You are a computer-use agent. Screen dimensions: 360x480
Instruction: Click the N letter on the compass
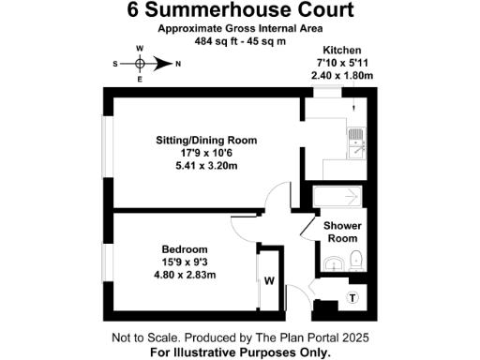tap(176, 64)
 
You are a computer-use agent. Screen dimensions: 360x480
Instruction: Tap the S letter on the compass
tap(115, 64)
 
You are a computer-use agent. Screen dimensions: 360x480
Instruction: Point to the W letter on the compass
tap(139, 48)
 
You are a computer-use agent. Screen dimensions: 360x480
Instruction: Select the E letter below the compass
tap(139, 81)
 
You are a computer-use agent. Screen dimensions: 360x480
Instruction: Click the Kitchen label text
tap(341, 49)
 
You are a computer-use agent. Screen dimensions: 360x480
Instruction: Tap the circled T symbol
tap(352, 298)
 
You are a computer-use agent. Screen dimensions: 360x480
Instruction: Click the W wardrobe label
tap(268, 279)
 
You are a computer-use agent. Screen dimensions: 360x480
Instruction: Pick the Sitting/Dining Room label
tap(206, 141)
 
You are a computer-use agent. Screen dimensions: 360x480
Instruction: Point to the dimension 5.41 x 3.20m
tap(206, 167)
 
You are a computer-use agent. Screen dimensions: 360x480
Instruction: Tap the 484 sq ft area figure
tap(217, 42)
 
